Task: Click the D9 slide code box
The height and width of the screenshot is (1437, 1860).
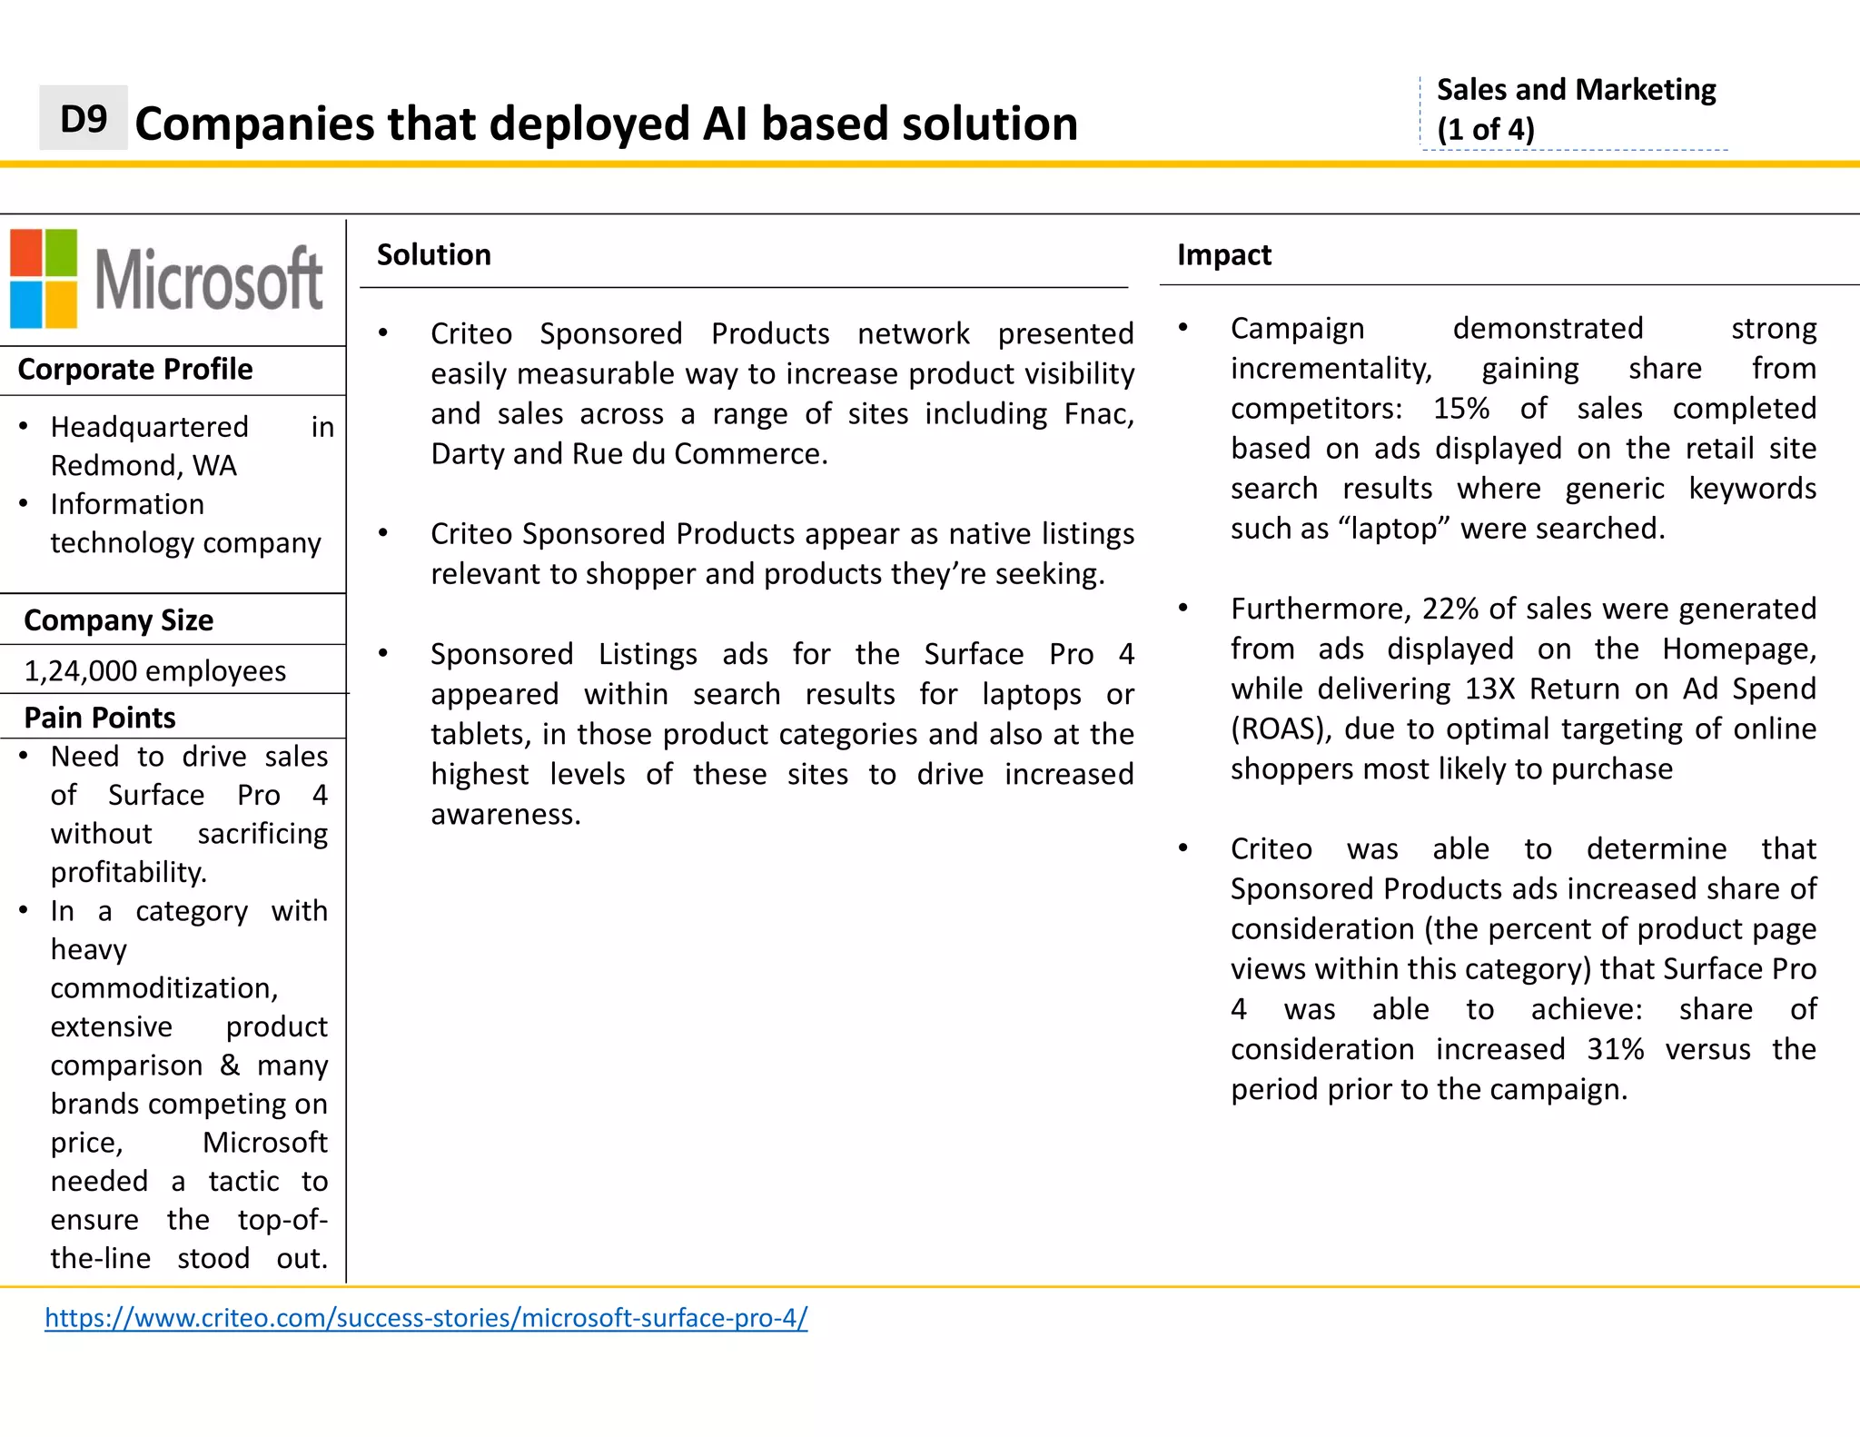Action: click(83, 118)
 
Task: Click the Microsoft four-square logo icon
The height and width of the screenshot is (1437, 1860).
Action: click(44, 278)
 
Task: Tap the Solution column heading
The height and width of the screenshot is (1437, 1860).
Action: click(433, 255)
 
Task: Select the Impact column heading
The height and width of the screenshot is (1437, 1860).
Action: click(1223, 255)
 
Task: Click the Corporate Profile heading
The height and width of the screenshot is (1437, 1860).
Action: click(135, 370)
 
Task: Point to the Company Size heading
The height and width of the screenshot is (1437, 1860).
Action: click(119, 620)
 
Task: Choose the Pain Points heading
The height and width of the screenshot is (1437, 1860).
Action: click(100, 718)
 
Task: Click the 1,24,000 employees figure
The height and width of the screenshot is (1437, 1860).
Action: click(154, 671)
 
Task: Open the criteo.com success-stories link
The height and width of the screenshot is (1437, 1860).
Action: click(426, 1317)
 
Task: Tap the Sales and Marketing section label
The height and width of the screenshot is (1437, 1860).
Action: click(1576, 90)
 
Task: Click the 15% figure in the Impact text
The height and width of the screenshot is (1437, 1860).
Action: click(1460, 409)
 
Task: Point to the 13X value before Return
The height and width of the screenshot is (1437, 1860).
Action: click(1489, 689)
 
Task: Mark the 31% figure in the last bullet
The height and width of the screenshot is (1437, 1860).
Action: click(1615, 1049)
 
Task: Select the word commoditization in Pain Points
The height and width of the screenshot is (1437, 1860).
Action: click(164, 988)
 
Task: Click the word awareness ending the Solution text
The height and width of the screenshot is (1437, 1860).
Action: click(504, 815)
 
